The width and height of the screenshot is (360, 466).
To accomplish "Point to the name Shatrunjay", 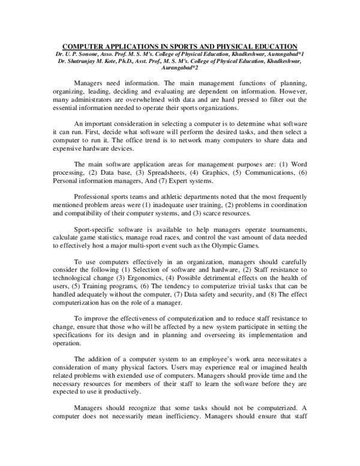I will pyautogui.click(x=85, y=61).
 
